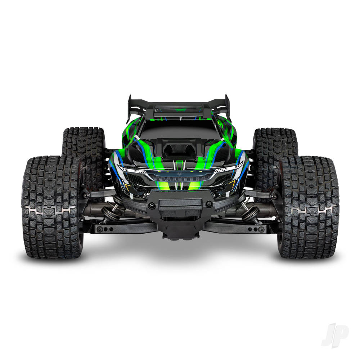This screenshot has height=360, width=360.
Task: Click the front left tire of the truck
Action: click(52, 207)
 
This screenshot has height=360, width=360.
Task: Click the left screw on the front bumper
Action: click(152, 205)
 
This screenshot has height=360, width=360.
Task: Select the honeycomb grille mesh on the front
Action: click(180, 178)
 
